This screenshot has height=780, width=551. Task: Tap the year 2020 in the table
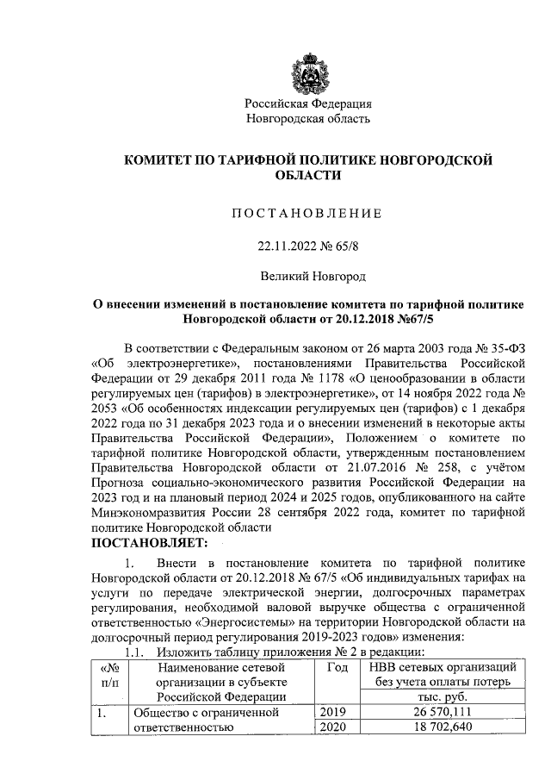(x=336, y=728)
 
